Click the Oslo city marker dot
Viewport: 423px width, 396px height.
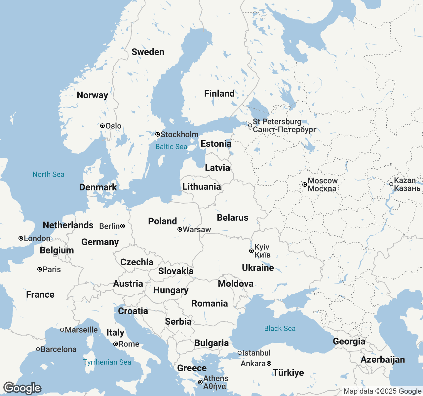pos(102,126)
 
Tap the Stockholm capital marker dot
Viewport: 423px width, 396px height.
pos(158,134)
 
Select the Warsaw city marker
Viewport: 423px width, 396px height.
pos(180,229)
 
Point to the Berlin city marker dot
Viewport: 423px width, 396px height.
pos(123,226)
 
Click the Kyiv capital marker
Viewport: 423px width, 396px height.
pos(251,251)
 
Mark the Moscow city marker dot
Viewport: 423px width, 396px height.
pos(305,184)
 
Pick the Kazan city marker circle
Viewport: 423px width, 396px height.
pos(391,184)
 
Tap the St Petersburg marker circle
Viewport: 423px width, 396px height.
pos(250,125)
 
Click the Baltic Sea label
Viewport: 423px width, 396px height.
pos(171,147)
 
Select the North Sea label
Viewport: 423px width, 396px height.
pos(48,174)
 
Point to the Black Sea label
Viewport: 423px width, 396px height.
pos(280,328)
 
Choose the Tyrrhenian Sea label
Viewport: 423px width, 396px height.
pos(107,362)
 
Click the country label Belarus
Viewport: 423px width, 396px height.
pos(233,217)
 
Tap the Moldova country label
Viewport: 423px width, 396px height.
pos(236,283)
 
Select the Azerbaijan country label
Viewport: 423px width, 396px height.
pos(383,359)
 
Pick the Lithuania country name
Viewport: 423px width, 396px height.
pos(202,186)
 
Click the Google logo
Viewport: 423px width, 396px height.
pos(22,388)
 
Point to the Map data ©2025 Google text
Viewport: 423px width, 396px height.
pos(382,391)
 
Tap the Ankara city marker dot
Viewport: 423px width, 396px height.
pos(269,363)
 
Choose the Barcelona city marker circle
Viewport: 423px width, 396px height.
pos(38,349)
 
